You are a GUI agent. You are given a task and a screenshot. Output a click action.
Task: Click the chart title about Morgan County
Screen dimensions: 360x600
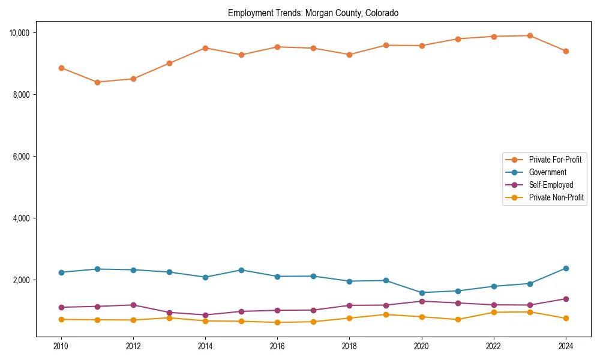coord(313,13)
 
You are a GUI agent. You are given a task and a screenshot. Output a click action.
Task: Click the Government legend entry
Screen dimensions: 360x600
coord(547,172)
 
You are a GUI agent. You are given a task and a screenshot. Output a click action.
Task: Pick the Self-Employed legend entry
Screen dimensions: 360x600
coord(551,185)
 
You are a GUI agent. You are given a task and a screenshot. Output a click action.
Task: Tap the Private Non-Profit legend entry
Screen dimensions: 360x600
coord(556,197)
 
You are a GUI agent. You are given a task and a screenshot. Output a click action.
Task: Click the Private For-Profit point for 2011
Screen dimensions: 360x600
coord(97,82)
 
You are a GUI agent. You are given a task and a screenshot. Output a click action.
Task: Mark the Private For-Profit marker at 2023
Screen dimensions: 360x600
coord(530,35)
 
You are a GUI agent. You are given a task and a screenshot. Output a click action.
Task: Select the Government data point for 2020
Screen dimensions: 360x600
coord(422,293)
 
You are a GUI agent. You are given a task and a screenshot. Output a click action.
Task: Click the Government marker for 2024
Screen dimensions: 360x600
coord(566,268)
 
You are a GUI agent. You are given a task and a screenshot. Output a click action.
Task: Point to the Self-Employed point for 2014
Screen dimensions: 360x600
coord(205,315)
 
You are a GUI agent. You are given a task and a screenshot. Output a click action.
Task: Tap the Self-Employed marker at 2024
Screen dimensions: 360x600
coord(566,299)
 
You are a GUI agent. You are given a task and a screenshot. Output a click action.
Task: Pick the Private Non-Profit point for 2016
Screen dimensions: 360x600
coord(277,322)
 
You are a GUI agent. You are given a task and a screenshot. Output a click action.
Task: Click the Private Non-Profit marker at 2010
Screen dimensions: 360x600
coord(61,319)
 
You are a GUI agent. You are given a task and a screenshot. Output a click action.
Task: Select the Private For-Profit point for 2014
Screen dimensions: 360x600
coord(205,48)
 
